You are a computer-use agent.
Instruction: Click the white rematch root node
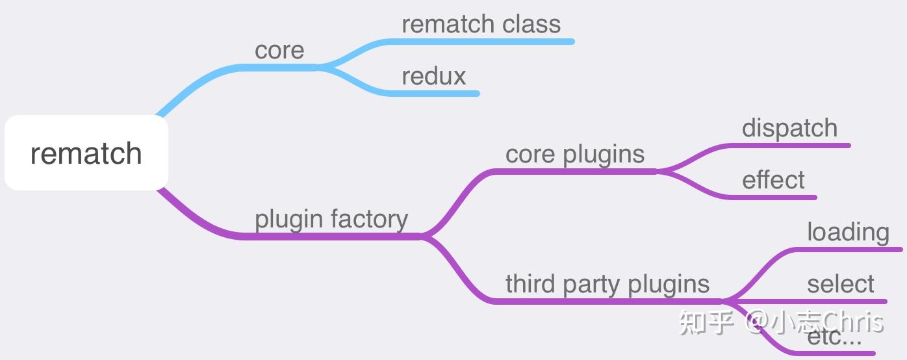point(86,153)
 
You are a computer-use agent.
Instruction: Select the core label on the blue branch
point(279,51)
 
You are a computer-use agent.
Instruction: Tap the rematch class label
point(481,25)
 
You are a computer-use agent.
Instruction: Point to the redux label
point(433,77)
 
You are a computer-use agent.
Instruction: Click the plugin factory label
point(331,220)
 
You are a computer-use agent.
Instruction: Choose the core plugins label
point(575,155)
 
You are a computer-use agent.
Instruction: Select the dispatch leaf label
point(789,129)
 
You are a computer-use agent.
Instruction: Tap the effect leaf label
point(773,181)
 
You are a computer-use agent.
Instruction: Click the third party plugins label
point(607,285)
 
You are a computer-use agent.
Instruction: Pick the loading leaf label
point(848,233)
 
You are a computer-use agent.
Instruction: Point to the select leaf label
point(841,285)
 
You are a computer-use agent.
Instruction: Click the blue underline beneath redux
point(435,94)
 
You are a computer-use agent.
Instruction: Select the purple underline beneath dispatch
point(793,146)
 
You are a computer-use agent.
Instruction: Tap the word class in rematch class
point(531,25)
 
